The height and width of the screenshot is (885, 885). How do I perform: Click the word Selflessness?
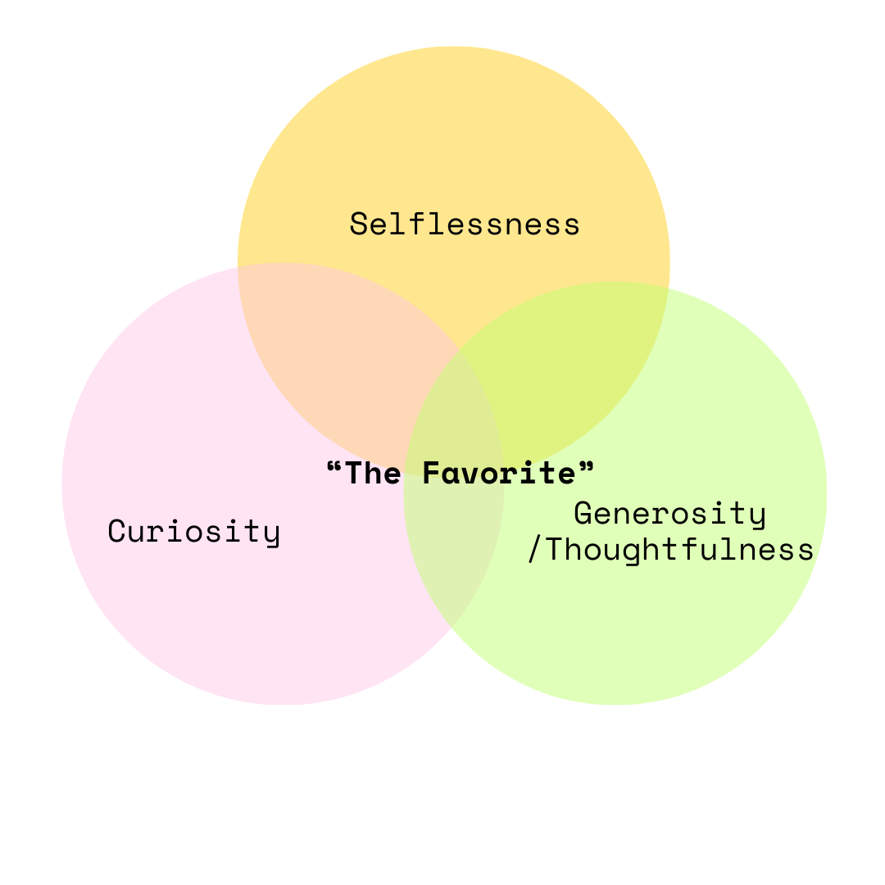(465, 224)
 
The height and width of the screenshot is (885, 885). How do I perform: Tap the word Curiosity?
(194, 531)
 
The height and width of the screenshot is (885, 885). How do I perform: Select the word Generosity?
(669, 514)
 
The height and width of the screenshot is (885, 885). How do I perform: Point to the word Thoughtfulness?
(679, 550)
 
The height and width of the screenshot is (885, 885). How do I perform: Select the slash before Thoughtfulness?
(534, 551)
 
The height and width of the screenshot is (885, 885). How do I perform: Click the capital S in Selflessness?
(358, 224)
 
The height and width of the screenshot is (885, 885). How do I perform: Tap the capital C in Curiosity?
(116, 531)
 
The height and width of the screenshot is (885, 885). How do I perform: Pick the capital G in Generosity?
(583, 514)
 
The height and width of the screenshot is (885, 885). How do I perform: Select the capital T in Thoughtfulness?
(554, 550)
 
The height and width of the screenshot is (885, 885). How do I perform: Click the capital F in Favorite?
(431, 473)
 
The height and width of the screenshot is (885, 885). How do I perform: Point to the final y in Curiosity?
(272, 534)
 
